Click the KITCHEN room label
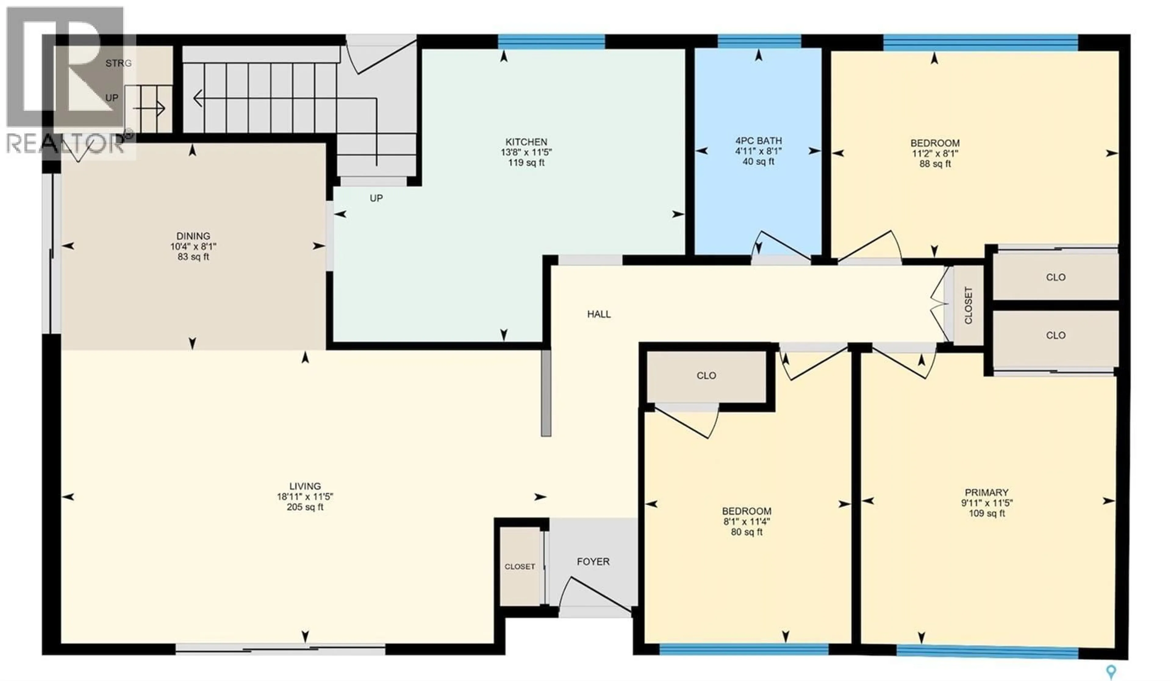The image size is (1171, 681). (526, 142)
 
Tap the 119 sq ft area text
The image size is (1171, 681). (526, 163)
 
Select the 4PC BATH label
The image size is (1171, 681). (758, 140)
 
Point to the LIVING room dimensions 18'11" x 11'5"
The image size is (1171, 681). (305, 496)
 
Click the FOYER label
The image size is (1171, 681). (593, 561)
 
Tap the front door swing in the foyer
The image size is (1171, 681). (595, 595)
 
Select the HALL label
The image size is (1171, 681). (599, 314)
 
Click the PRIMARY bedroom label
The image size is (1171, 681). (986, 492)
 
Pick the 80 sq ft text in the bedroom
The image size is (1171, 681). (746, 532)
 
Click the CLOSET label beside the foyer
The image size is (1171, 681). (520, 567)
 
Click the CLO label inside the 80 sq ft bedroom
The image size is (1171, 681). (706, 376)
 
